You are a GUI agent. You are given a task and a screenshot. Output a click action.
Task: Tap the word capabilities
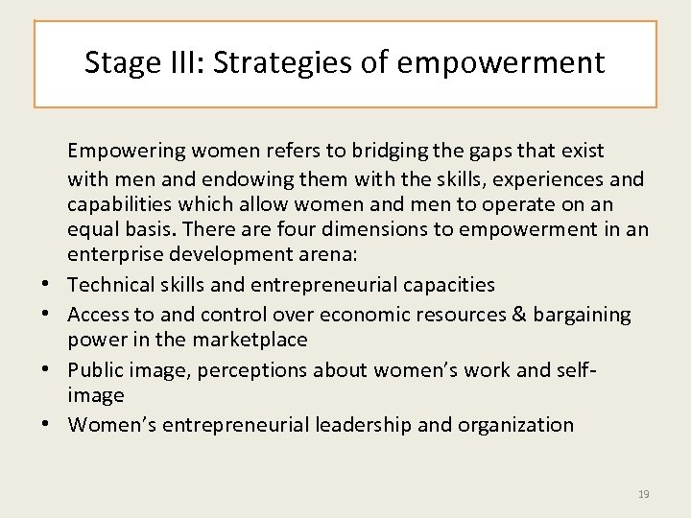122,205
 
